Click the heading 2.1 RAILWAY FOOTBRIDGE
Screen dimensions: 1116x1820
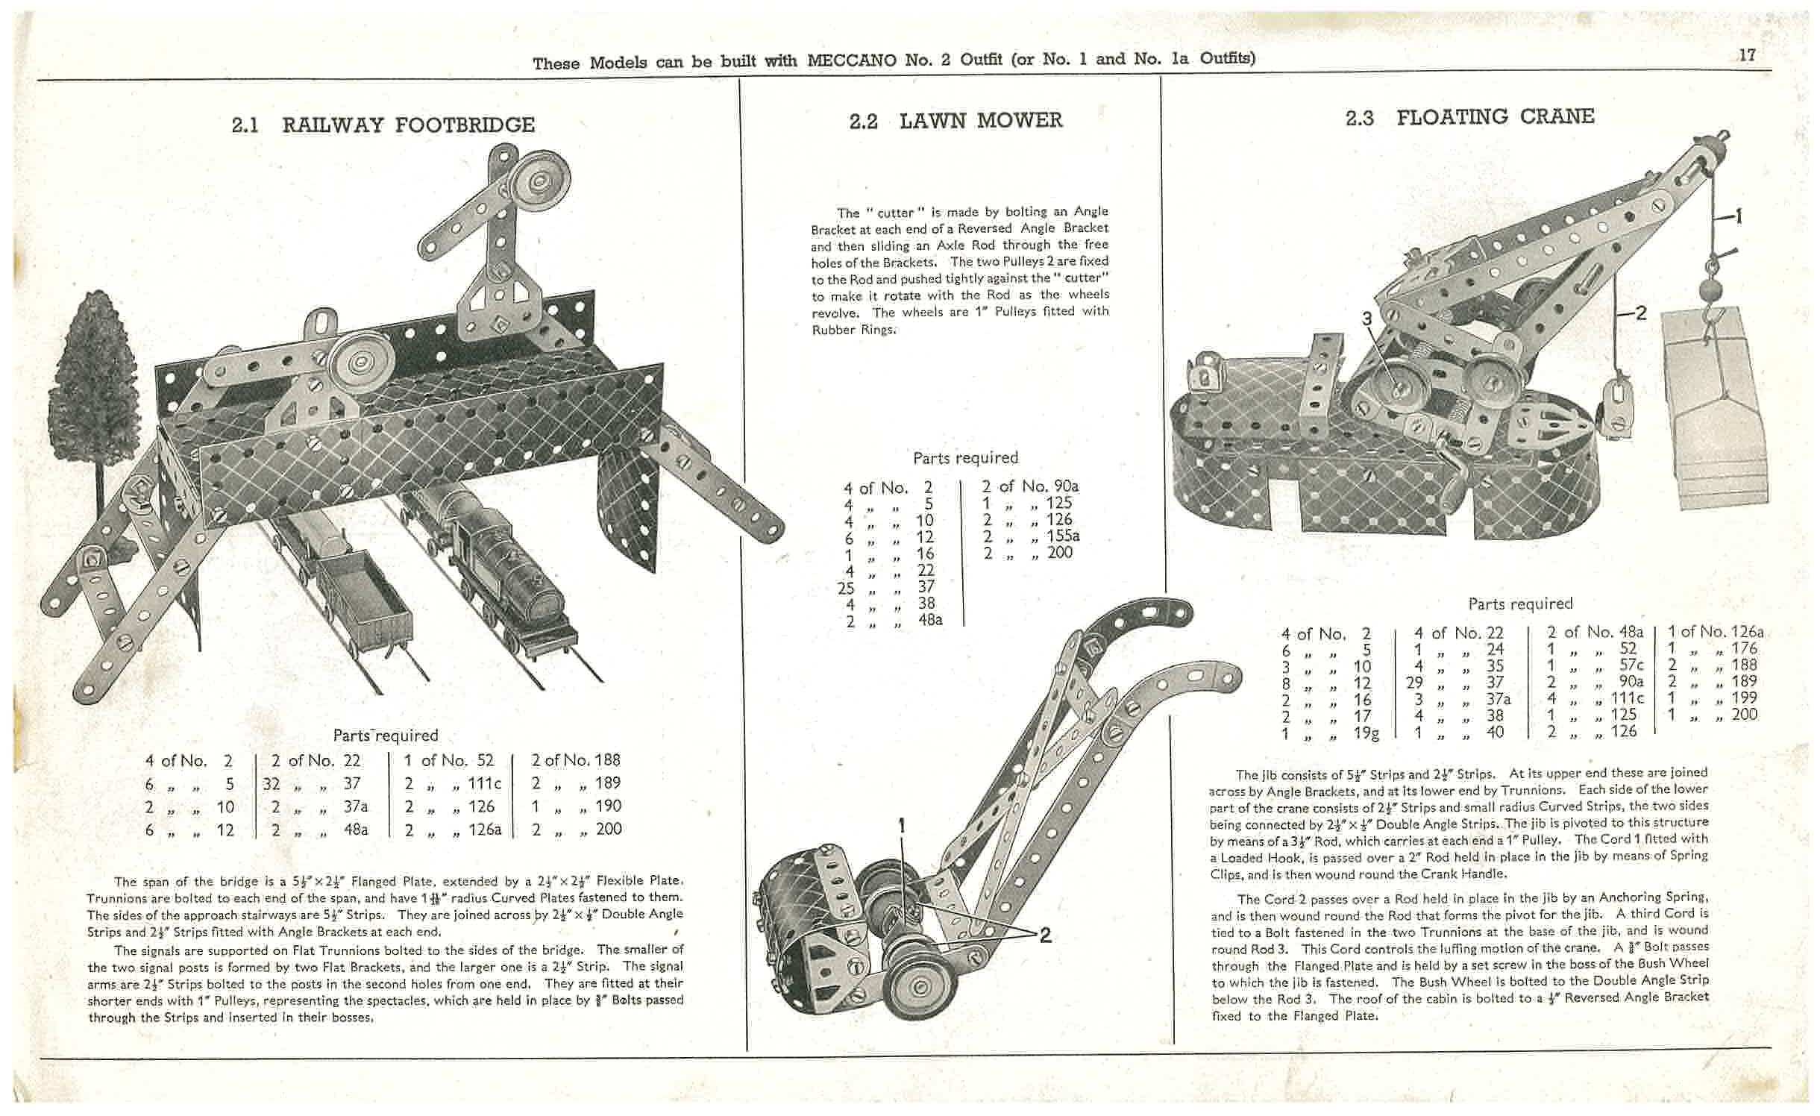(383, 125)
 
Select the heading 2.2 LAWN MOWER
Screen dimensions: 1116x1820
(956, 121)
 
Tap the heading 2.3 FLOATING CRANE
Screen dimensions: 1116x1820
(1469, 117)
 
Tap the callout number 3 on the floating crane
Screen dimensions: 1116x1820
(1366, 319)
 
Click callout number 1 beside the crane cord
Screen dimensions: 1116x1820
(1739, 216)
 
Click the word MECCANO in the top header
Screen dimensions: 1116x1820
(852, 60)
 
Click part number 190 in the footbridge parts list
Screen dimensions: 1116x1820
(609, 806)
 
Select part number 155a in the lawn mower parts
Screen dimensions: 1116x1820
(1062, 536)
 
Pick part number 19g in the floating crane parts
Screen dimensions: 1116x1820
(1366, 733)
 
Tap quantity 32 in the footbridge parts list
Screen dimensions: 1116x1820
(273, 783)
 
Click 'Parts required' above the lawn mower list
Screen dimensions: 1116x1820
(965, 458)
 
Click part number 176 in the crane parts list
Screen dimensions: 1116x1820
(1744, 648)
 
